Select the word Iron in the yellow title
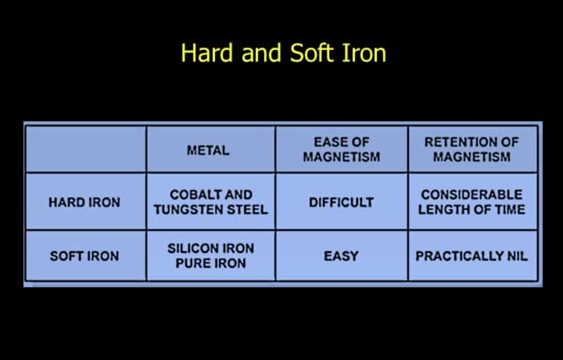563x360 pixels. (364, 52)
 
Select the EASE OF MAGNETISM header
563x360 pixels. (342, 149)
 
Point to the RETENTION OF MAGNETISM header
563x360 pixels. (472, 149)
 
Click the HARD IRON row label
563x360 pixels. (84, 202)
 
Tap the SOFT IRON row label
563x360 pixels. (84, 256)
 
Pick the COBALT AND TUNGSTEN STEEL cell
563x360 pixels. (211, 202)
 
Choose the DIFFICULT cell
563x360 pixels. (342, 202)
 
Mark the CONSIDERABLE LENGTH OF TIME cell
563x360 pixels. (472, 202)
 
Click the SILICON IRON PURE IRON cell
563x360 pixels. (211, 256)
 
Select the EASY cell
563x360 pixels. (341, 256)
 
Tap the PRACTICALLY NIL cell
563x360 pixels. (472, 256)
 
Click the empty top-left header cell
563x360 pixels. (86, 149)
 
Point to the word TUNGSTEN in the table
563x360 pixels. (185, 210)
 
